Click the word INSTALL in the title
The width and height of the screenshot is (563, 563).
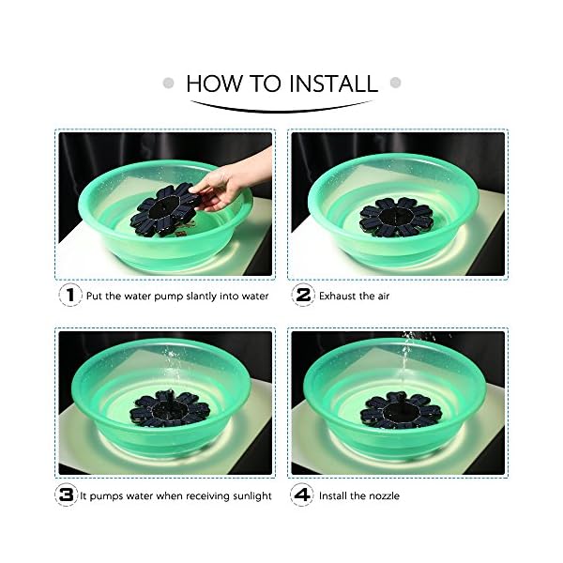333,84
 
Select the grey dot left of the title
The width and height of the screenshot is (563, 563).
168,83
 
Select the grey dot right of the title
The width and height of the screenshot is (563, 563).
395,83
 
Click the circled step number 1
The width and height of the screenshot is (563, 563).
70,295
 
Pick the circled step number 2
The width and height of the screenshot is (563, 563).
303,295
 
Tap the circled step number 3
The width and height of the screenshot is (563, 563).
67,495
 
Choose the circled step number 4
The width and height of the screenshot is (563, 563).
302,495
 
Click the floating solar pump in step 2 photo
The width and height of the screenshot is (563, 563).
396,218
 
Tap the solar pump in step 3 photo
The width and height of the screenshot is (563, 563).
170,408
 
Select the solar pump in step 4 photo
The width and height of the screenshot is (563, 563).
401,410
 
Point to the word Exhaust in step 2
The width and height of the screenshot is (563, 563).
337,296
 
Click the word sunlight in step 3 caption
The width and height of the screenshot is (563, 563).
252,496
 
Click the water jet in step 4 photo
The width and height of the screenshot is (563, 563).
407,359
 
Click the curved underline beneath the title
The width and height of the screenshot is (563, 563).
281,110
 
